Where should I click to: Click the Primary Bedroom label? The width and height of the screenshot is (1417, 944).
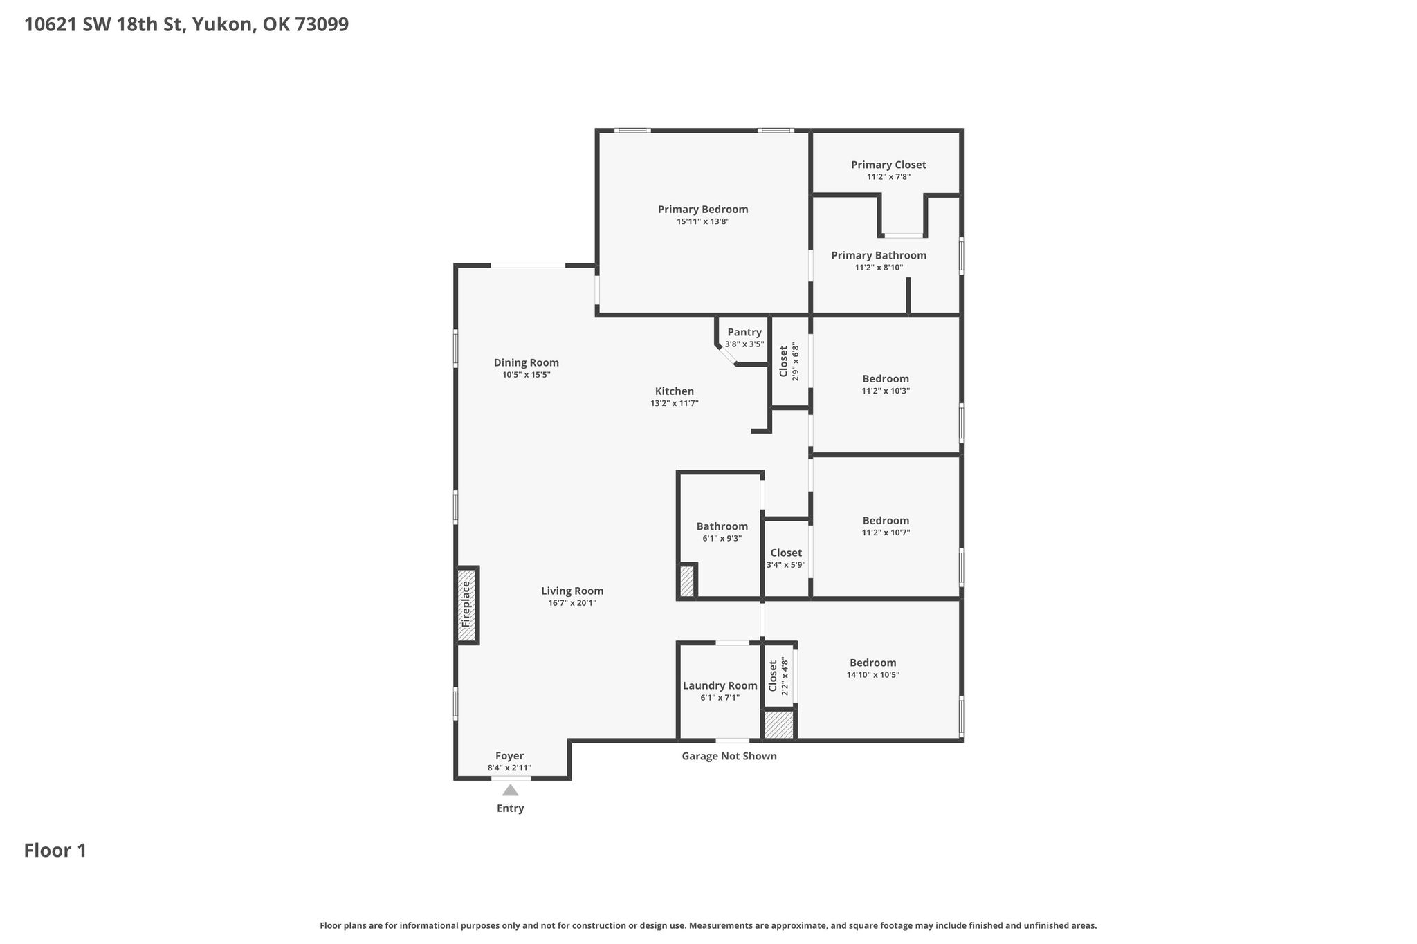[703, 210]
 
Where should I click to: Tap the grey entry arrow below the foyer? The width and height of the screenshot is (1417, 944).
[510, 790]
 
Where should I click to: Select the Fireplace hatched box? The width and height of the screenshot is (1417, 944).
[467, 605]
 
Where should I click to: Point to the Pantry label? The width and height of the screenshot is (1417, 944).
[744, 333]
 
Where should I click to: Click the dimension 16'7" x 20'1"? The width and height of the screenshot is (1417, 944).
[572, 603]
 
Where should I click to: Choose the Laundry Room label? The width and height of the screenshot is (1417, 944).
[720, 686]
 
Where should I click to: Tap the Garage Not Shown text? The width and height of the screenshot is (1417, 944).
[729, 757]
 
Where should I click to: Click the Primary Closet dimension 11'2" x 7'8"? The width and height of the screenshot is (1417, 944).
[888, 177]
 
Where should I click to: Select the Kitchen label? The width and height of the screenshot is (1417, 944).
[675, 391]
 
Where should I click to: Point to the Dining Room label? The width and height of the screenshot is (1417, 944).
[527, 363]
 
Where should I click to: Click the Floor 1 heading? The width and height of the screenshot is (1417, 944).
[55, 851]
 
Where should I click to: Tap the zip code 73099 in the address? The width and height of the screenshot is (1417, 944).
[322, 25]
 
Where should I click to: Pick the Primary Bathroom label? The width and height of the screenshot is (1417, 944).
[879, 256]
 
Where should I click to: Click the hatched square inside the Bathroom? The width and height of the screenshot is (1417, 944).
[687, 581]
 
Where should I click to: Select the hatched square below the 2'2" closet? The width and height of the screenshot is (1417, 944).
[779, 724]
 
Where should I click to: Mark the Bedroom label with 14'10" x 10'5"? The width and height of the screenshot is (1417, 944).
[873, 663]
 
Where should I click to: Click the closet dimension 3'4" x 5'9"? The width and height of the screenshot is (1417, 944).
[786, 565]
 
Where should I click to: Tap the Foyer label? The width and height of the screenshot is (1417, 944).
[510, 757]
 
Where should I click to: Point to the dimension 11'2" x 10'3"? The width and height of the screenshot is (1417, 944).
[886, 391]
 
